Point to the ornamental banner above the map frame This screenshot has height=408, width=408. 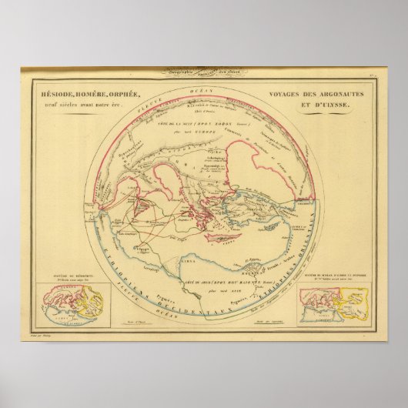[x=203, y=74]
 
